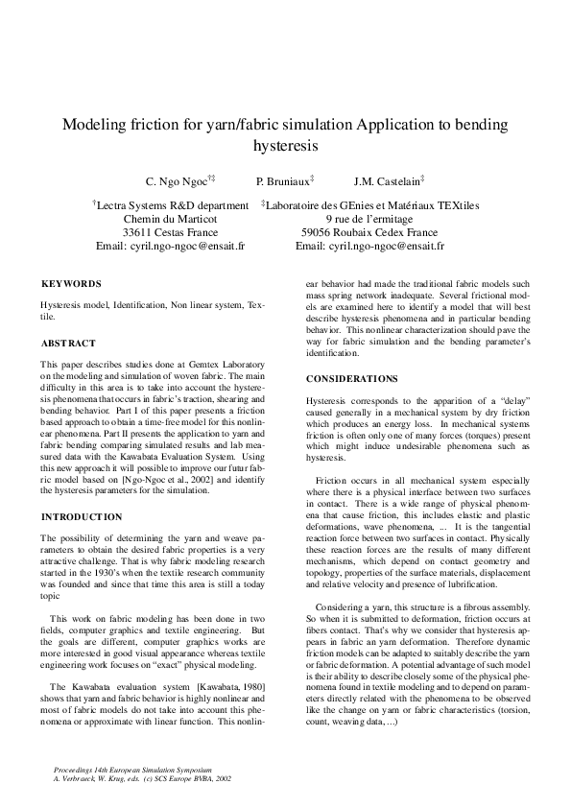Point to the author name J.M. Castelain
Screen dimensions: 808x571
(387, 181)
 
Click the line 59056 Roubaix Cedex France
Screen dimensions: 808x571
(369, 232)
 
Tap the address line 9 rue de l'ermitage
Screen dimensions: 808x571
(369, 219)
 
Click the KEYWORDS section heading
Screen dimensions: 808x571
(70, 284)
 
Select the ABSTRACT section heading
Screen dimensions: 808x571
(67, 343)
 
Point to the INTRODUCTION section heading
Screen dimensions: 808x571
(81, 516)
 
